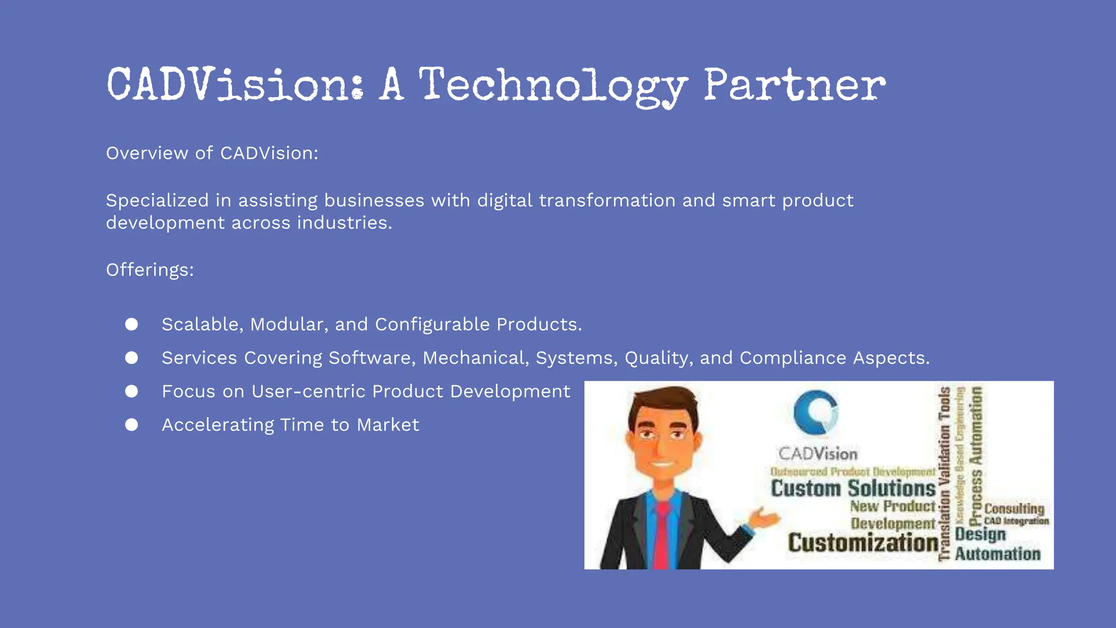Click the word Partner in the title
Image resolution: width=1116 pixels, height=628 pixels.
[794, 86]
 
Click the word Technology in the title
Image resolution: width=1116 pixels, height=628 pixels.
[553, 86]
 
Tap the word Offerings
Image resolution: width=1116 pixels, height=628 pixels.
[150, 270]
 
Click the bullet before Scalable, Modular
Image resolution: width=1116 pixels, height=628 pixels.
[131, 324]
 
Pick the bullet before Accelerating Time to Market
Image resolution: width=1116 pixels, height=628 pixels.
[131, 425]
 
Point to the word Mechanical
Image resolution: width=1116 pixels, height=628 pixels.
[475, 358]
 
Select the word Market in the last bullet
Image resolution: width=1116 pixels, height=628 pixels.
[388, 425]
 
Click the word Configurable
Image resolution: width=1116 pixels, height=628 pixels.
[433, 324]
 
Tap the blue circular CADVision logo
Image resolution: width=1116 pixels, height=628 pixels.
[816, 413]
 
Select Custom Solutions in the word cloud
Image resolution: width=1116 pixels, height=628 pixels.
[853, 488]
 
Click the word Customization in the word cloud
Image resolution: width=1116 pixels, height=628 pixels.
[863, 542]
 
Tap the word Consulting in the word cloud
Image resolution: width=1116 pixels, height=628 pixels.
[1014, 509]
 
